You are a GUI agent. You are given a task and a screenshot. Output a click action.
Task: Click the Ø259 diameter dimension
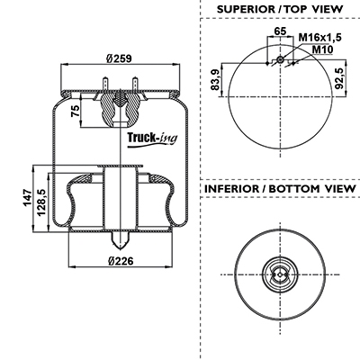[120, 58]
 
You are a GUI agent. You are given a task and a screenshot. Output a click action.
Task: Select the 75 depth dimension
[76, 111]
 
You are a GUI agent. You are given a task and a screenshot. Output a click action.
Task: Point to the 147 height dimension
[28, 197]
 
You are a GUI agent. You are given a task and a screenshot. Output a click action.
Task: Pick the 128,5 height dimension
[41, 202]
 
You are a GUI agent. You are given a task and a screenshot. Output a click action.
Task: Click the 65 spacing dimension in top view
[280, 31]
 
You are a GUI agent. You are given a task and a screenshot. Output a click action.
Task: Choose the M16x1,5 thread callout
[320, 38]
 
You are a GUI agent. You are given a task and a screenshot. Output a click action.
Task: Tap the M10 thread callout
[322, 49]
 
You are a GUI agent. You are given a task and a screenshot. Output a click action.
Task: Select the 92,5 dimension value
[338, 78]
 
